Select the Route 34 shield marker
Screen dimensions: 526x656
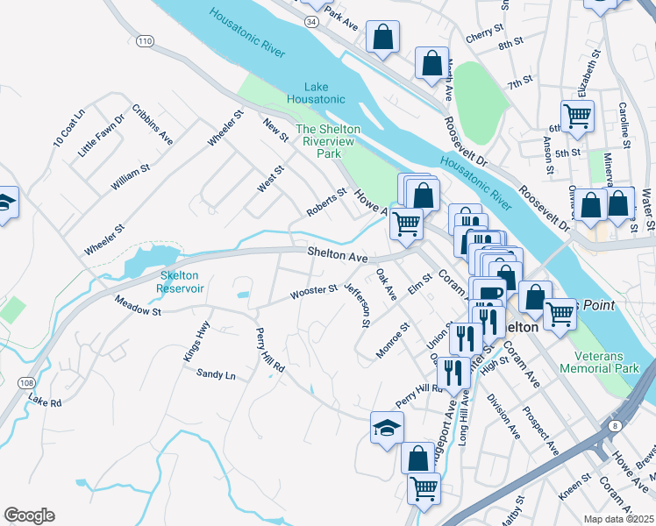[x=311, y=19]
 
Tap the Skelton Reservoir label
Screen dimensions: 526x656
[x=182, y=281]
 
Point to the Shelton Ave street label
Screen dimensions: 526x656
[x=337, y=255]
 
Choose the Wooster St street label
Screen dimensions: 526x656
[x=315, y=291]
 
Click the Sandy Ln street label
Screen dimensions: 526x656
[x=216, y=375]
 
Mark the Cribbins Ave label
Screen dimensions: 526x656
[x=153, y=124]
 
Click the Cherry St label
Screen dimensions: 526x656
[x=483, y=35]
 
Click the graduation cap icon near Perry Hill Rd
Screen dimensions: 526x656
[x=387, y=427]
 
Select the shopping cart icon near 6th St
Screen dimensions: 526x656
[x=577, y=115]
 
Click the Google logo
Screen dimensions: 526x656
[x=29, y=515]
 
